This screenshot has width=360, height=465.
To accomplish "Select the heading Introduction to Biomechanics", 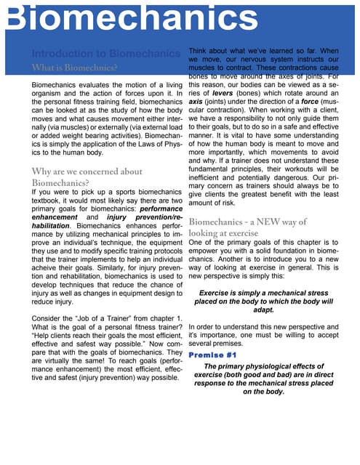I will click(x=105, y=53).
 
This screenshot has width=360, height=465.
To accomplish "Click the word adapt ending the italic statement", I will click(x=263, y=309).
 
